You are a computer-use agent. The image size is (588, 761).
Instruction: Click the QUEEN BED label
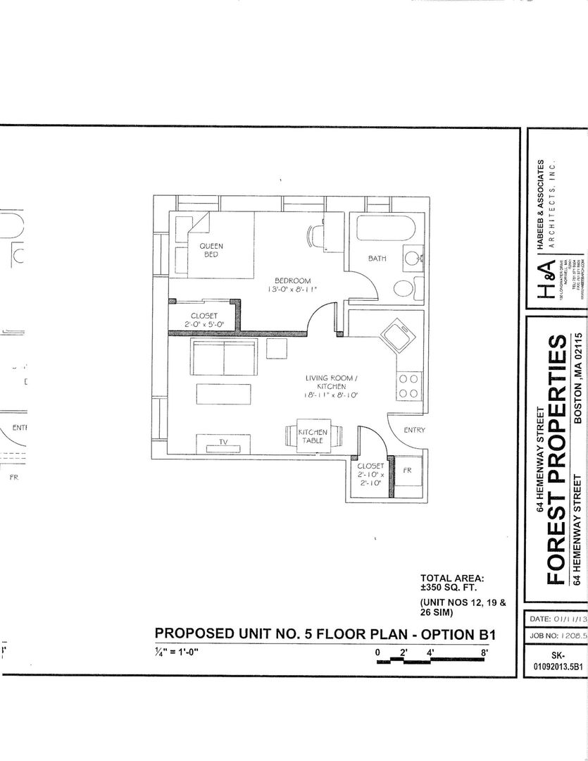click(x=211, y=250)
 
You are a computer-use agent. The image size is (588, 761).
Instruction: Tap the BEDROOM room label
click(x=292, y=281)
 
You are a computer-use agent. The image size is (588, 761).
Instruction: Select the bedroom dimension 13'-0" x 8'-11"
click(x=292, y=290)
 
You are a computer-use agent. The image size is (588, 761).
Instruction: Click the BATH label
click(x=377, y=259)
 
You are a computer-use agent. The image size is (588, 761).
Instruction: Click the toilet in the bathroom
click(x=404, y=288)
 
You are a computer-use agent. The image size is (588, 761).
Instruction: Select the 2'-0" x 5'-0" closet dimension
click(x=204, y=323)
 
